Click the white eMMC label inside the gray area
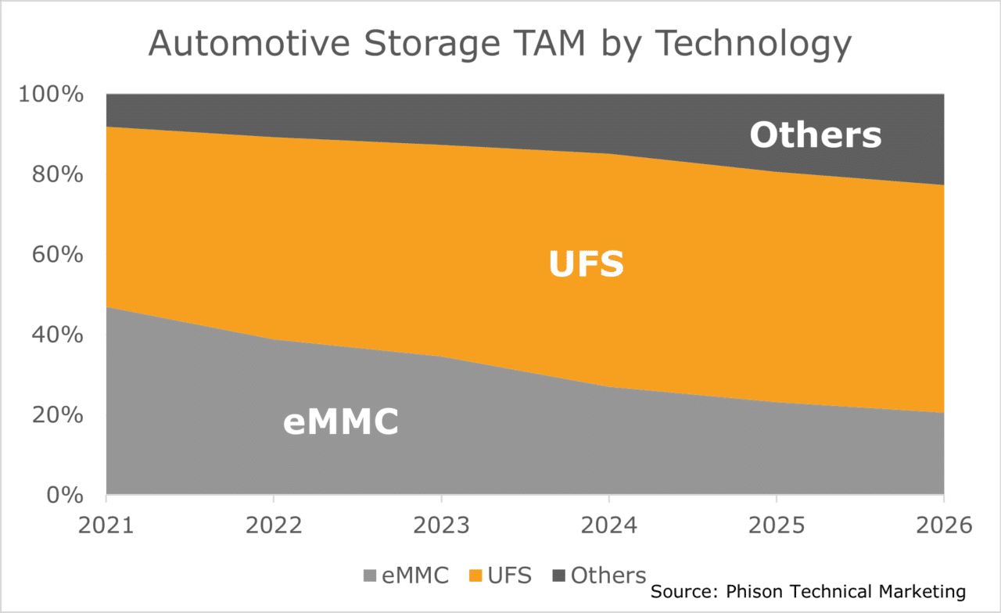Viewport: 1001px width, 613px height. point(341,422)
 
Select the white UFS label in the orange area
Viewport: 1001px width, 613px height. point(586,263)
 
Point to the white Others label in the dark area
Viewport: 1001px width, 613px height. point(815,134)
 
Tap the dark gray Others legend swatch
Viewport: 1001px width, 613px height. point(559,576)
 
